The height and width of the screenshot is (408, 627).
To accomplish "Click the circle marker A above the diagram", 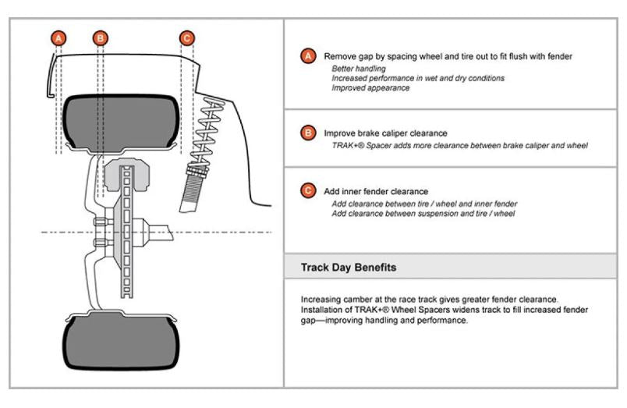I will click(58, 37).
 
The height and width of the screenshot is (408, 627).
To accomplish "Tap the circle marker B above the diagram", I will click(101, 37).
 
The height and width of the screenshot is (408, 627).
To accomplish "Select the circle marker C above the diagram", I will click(186, 37).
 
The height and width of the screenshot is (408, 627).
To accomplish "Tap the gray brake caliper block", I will click(126, 179).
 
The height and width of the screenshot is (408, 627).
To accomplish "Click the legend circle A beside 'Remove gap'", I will click(309, 57).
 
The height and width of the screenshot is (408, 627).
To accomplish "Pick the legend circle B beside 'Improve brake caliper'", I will click(309, 133).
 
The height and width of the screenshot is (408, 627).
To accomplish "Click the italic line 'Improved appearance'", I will click(370, 87).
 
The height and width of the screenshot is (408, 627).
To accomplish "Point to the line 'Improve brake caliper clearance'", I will click(385, 133).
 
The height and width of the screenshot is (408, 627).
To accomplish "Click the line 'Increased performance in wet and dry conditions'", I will click(417, 78).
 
